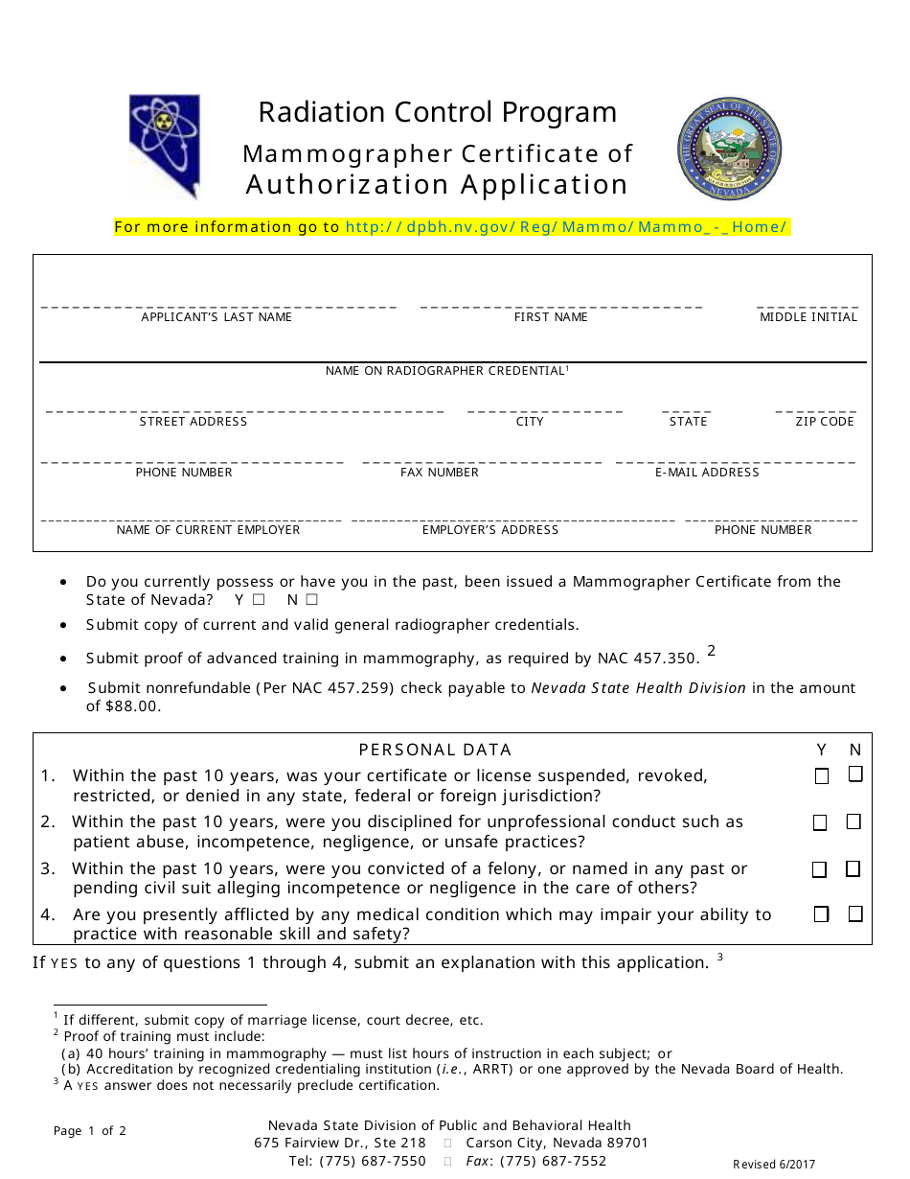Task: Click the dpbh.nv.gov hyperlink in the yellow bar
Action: (x=565, y=227)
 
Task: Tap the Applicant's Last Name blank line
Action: (x=217, y=305)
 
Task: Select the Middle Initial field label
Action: (x=808, y=317)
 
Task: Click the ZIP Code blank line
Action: (x=815, y=409)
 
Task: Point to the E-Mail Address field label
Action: (x=707, y=473)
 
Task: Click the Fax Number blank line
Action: (x=482, y=460)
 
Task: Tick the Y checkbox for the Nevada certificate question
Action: (x=259, y=601)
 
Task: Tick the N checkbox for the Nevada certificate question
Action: (x=311, y=601)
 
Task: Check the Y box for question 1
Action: (x=821, y=776)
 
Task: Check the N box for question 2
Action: (x=853, y=822)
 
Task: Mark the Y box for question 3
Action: (x=820, y=869)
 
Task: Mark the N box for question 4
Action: (x=854, y=914)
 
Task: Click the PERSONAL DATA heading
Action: (x=435, y=750)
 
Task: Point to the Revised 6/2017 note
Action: (x=774, y=1165)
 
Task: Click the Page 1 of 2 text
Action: (x=90, y=1131)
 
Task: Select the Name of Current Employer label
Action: (x=208, y=530)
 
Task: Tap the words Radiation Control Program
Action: (x=438, y=112)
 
